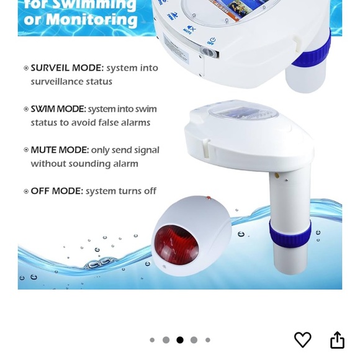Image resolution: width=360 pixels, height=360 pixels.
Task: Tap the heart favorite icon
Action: point(302,340)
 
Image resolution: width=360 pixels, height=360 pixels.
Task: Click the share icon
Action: point(337,340)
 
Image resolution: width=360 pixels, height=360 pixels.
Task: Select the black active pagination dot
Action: point(180,340)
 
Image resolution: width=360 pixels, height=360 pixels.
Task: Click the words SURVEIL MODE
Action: point(67,68)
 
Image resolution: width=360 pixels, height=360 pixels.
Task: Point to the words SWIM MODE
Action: point(58,109)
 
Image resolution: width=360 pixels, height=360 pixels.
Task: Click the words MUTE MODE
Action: point(60,150)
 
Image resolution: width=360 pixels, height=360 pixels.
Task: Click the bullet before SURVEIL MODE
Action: point(26,68)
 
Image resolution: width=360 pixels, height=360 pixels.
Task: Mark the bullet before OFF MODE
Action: point(26,191)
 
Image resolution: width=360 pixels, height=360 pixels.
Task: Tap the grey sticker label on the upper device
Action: point(177,50)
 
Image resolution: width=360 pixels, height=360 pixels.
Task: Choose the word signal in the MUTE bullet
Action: point(145,150)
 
